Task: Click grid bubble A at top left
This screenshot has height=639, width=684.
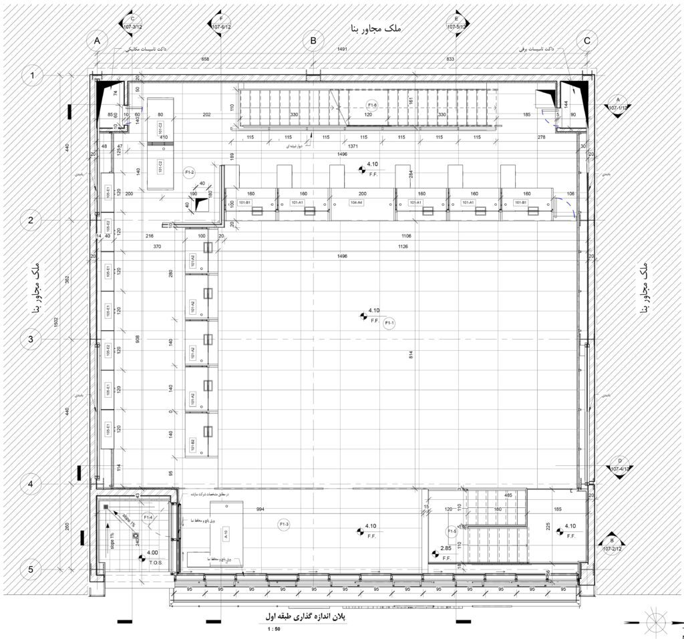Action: (x=97, y=41)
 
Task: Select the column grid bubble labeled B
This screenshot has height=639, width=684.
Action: (x=313, y=41)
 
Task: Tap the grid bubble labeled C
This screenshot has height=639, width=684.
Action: (x=587, y=41)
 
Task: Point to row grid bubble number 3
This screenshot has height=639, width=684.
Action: (x=31, y=339)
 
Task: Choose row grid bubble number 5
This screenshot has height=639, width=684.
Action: (x=31, y=569)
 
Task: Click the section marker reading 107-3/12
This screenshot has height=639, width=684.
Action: (x=132, y=23)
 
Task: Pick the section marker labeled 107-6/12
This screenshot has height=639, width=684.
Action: (x=222, y=23)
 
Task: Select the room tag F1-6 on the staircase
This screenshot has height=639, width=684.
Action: (x=372, y=105)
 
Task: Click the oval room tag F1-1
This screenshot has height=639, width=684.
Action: (x=389, y=323)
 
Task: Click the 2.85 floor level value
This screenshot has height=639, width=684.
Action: (x=446, y=549)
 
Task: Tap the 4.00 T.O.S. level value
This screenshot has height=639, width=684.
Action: (x=152, y=553)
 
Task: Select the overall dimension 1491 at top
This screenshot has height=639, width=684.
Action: (x=342, y=49)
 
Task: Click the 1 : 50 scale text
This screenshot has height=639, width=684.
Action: (x=274, y=630)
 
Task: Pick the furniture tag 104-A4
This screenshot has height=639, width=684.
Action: (x=355, y=203)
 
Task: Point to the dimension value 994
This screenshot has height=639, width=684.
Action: (x=261, y=509)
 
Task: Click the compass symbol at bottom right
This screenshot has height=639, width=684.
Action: (x=656, y=618)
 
